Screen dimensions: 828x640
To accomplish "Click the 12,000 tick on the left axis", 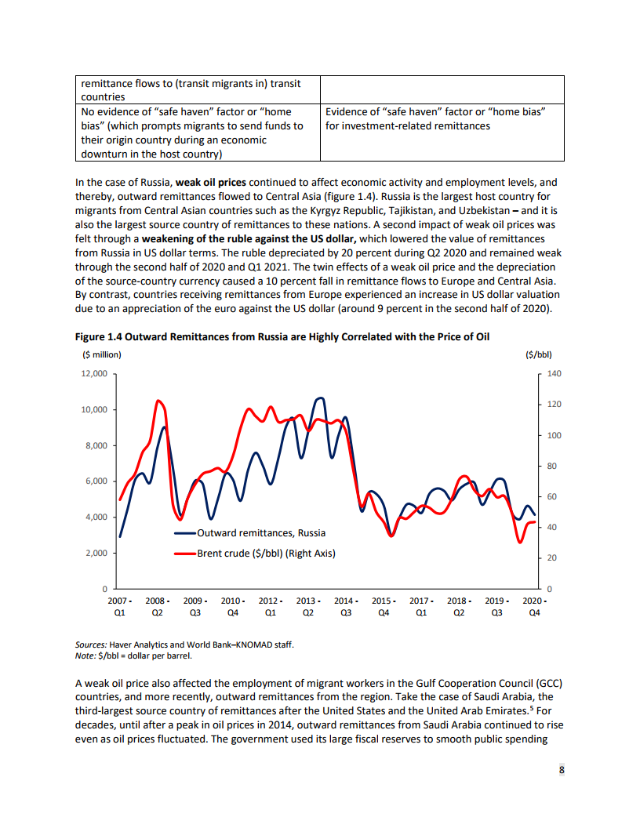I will [x=94, y=373].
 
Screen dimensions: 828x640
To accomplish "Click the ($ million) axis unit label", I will [x=102, y=354].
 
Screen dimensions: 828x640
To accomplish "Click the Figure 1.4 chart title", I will [x=287, y=336].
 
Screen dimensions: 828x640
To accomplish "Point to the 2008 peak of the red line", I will [x=159, y=401].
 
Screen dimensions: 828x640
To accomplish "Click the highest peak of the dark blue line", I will [x=320, y=398].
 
